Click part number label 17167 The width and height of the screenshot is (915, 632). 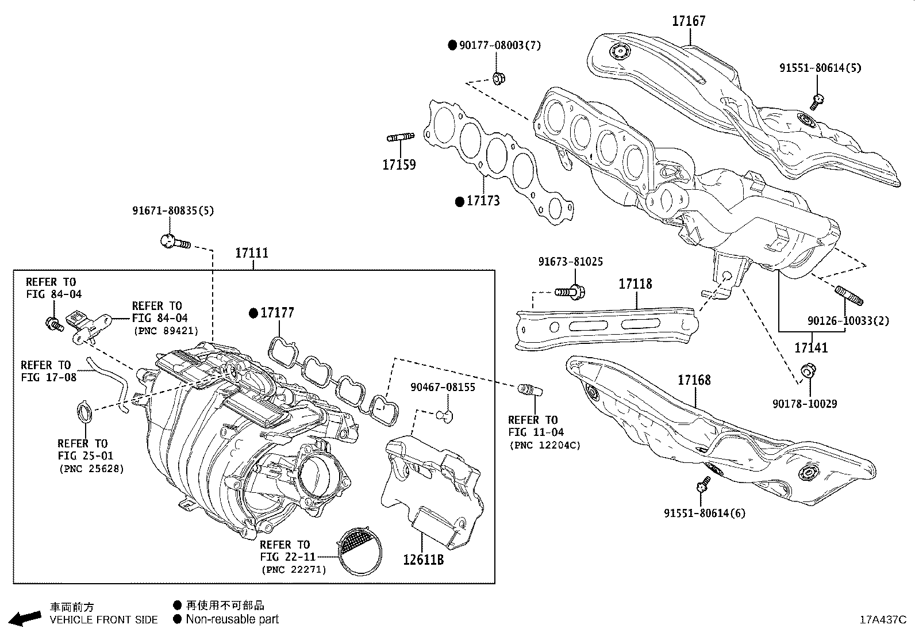(x=689, y=21)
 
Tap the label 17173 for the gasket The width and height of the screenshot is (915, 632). (x=483, y=201)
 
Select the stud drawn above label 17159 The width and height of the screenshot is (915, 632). (x=401, y=137)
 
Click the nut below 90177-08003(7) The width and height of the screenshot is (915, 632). (x=499, y=78)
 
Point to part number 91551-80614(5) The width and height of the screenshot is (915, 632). (x=820, y=67)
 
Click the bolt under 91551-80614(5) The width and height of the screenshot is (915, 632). (x=817, y=102)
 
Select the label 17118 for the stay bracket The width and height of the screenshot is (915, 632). (x=635, y=284)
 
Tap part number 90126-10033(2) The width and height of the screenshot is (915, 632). (x=848, y=321)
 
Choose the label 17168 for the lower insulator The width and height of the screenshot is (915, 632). (x=694, y=380)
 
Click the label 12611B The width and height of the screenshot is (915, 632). (x=423, y=559)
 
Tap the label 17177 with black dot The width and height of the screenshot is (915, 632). (x=277, y=313)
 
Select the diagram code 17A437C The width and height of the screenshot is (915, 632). (x=883, y=620)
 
